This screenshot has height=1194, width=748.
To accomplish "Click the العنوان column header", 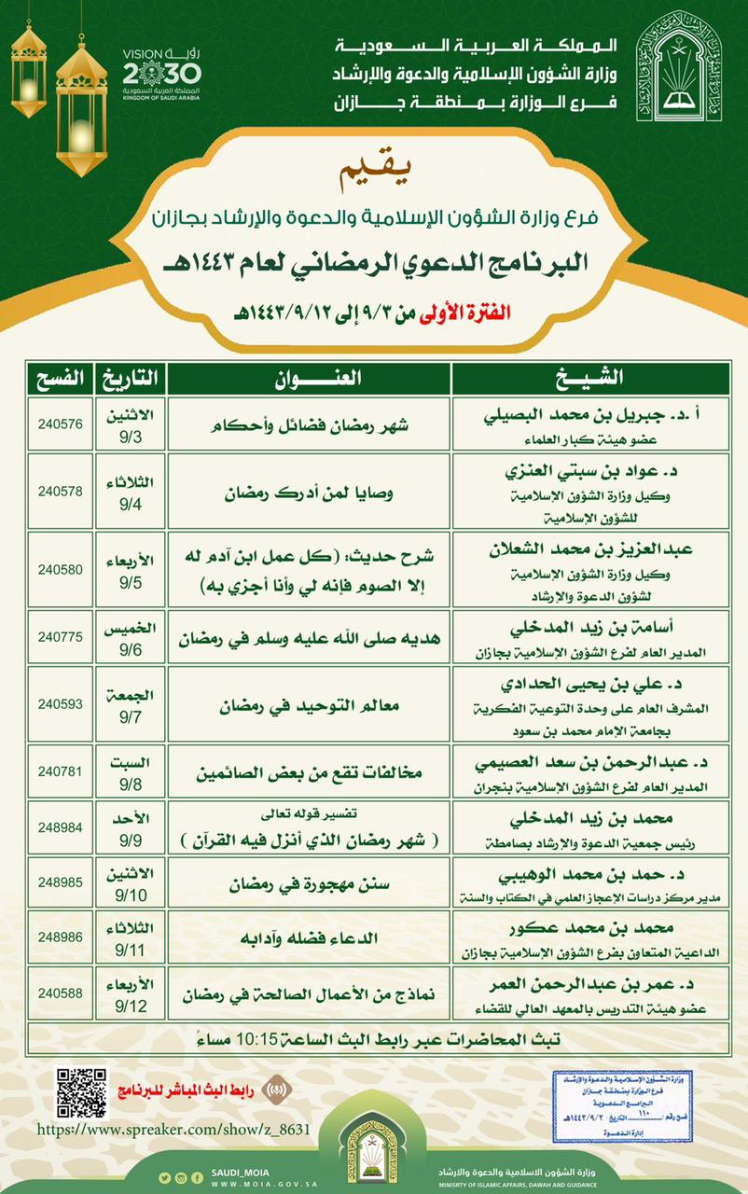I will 308,378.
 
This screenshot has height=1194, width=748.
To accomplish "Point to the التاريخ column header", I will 131,378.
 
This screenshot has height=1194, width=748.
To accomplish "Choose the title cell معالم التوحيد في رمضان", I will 308,705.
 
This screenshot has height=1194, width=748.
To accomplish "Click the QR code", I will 80,1090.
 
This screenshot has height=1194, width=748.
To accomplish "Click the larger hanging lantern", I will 82,103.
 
